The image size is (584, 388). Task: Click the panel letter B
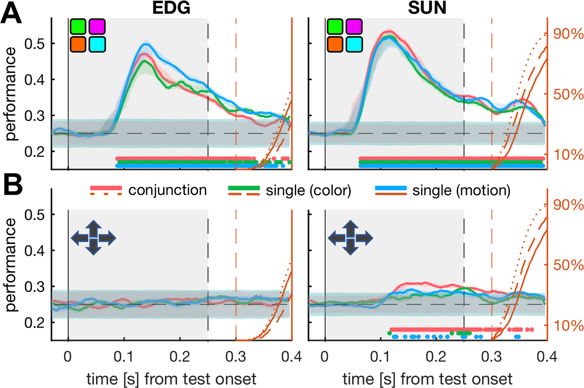(x=13, y=186)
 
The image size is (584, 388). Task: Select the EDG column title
(x=171, y=8)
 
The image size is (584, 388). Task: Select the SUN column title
(x=427, y=8)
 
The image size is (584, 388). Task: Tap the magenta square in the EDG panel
(x=97, y=27)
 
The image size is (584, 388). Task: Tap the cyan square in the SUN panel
(x=354, y=45)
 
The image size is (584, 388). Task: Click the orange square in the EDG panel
(x=78, y=45)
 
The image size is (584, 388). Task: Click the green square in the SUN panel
(x=335, y=27)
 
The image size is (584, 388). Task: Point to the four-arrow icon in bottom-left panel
(x=93, y=238)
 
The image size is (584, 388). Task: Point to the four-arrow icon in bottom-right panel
(x=350, y=238)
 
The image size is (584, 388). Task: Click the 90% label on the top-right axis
(x=568, y=34)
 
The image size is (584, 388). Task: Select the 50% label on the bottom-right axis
(x=568, y=265)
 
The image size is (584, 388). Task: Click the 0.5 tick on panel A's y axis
(x=34, y=44)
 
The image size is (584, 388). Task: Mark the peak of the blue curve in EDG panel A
(x=145, y=44)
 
